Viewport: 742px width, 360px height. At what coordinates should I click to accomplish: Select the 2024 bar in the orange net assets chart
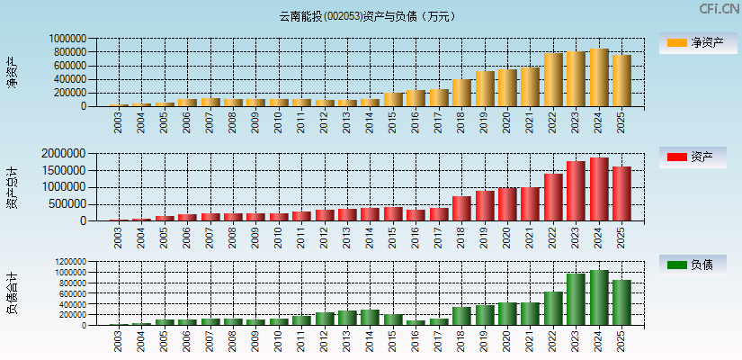tap(599, 77)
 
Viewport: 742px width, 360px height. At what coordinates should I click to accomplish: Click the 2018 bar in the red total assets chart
tap(462, 209)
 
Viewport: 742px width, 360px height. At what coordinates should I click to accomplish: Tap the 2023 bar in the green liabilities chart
tap(576, 300)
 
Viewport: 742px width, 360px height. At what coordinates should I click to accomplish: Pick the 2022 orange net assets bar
tap(553, 80)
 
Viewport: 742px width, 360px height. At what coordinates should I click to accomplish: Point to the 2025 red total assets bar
tap(621, 193)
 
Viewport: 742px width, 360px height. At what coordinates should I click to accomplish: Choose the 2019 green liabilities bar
tap(485, 315)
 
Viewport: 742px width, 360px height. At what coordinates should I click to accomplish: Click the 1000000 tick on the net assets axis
tap(68, 40)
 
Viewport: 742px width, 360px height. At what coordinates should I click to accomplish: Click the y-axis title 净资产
tap(12, 72)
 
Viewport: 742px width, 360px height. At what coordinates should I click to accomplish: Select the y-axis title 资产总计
tap(12, 187)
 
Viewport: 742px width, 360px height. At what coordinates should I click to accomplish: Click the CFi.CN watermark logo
tap(719, 9)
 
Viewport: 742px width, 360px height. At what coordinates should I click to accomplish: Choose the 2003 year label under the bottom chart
tap(120, 341)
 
